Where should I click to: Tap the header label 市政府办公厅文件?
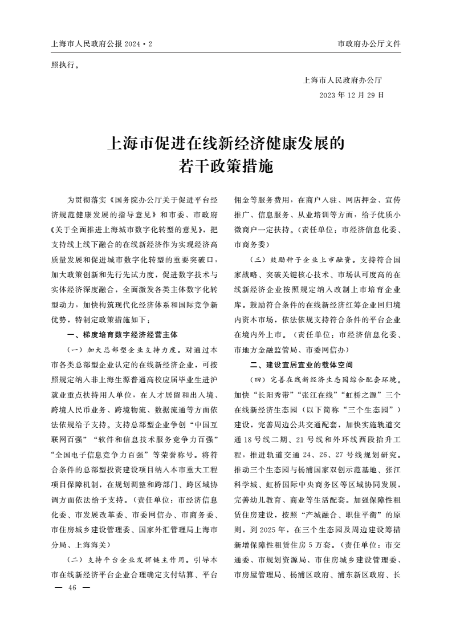(369, 43)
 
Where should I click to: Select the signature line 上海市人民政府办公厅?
(343, 80)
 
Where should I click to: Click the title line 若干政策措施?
(226, 167)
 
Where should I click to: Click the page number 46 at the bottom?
(72, 588)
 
